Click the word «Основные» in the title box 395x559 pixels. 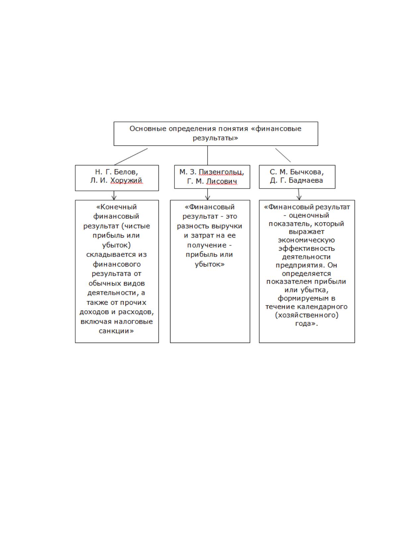point(148,129)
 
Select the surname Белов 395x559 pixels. point(126,172)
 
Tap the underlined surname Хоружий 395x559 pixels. point(126,181)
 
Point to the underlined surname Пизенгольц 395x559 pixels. point(221,172)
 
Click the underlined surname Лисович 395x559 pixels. point(222,182)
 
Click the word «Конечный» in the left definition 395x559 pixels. point(116,207)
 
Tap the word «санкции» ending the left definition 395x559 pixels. point(116,331)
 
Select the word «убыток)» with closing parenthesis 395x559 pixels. point(116,245)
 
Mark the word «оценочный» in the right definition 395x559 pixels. point(309,215)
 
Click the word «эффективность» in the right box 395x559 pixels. point(306,249)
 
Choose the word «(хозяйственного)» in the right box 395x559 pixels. point(307,315)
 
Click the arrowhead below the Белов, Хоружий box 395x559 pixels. point(114,198)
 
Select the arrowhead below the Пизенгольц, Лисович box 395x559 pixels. point(208,198)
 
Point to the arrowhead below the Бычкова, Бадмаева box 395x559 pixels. point(299,198)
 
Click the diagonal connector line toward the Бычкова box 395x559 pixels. point(283,155)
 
